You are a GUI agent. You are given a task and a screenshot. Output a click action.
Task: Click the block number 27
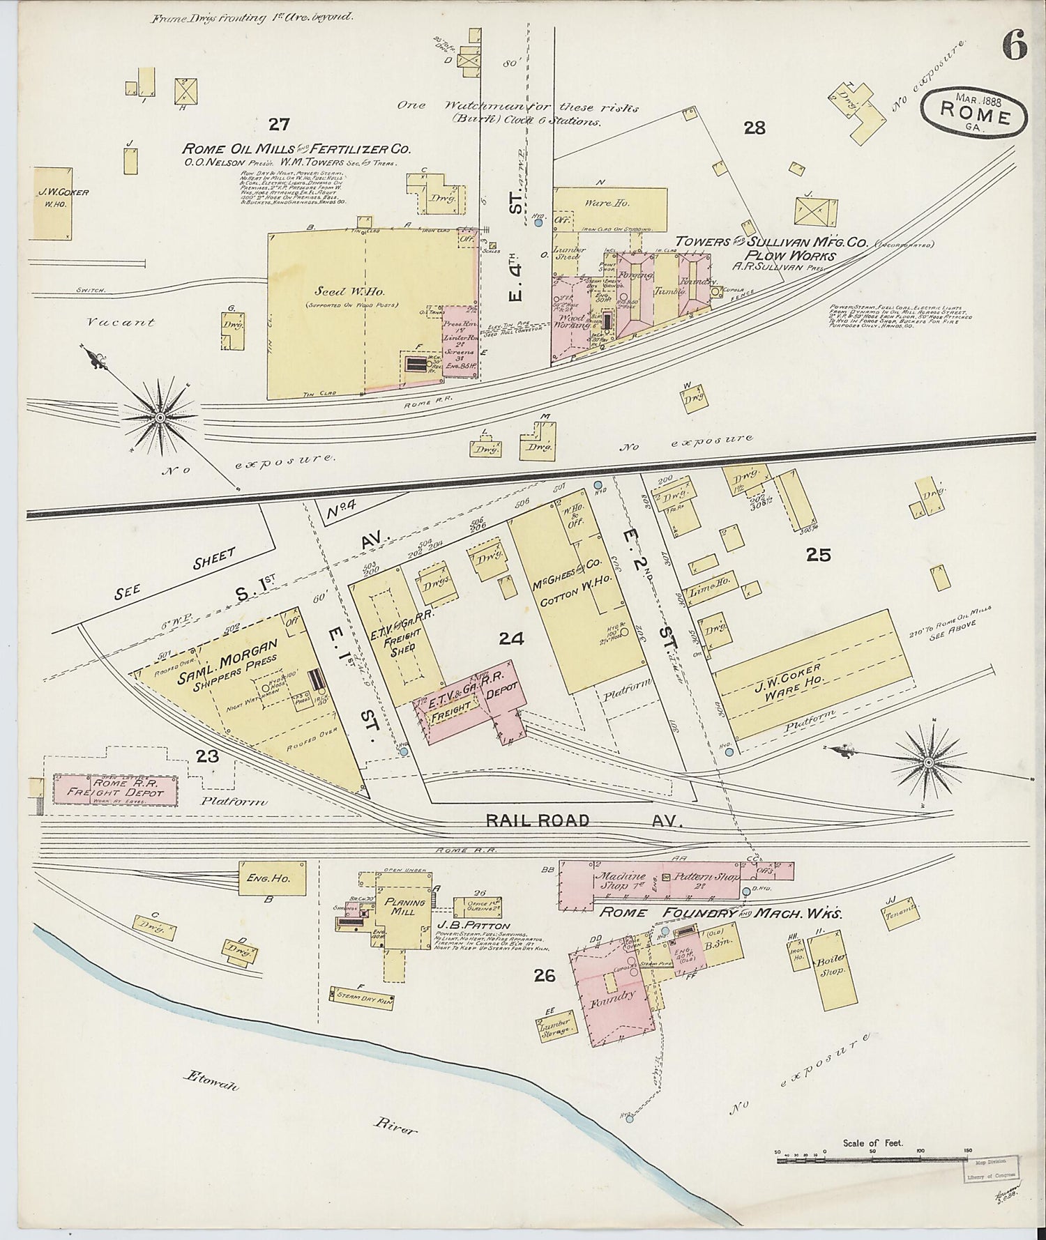click(279, 125)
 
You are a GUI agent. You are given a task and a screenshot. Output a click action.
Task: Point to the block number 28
click(755, 128)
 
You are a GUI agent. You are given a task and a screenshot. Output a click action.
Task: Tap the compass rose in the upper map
click(160, 417)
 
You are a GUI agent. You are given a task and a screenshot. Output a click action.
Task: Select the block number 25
click(819, 555)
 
